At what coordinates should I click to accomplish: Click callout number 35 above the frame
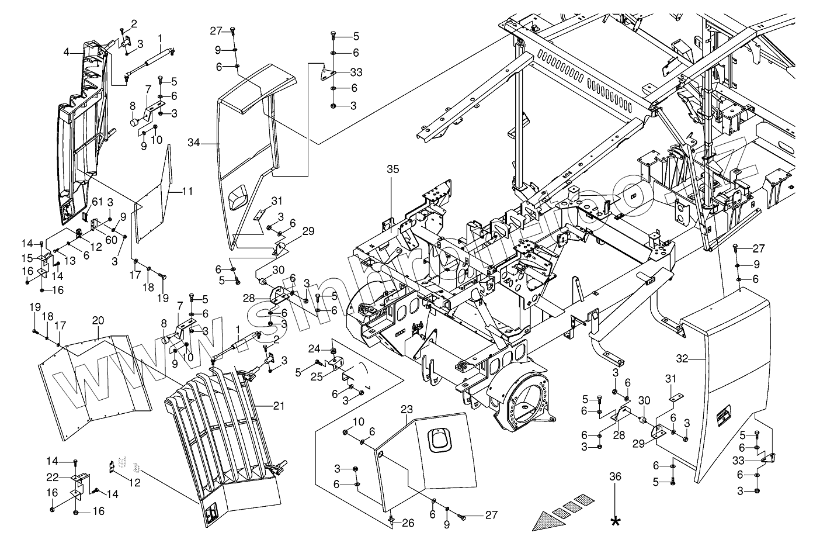click(x=393, y=170)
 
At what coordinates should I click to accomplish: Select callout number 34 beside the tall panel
click(x=194, y=143)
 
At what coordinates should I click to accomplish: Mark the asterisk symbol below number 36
click(x=615, y=521)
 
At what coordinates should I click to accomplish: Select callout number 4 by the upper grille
click(x=68, y=51)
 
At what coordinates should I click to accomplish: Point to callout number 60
click(x=111, y=239)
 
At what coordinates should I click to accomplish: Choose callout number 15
click(x=27, y=258)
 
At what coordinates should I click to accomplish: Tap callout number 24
click(x=314, y=350)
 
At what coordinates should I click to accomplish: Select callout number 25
click(x=317, y=376)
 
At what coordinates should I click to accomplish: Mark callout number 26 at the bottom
click(x=408, y=523)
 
